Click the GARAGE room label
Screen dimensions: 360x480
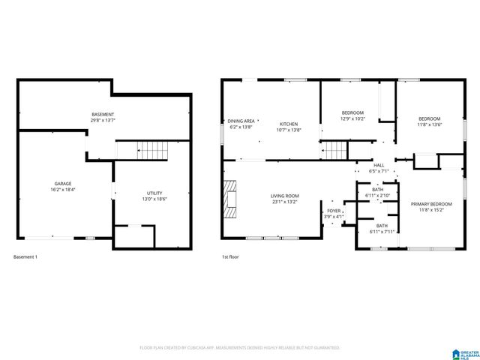tap(62, 183)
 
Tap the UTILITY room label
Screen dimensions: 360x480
tap(152, 193)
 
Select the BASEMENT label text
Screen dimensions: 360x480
tap(102, 114)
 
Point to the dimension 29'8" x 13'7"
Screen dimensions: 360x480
tap(102, 120)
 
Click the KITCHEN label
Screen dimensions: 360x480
tap(289, 124)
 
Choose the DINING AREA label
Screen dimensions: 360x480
tap(241, 121)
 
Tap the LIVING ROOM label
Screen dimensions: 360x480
tap(285, 196)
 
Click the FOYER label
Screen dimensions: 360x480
tap(333, 211)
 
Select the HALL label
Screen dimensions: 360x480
tap(379, 165)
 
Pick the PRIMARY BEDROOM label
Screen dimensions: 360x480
tap(431, 204)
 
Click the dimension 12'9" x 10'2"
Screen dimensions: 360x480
tap(352, 118)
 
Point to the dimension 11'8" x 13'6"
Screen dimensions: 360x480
tap(430, 124)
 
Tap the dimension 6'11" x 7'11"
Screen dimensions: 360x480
tap(382, 232)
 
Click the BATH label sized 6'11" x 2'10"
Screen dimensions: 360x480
tap(377, 190)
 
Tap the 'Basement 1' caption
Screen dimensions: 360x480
tap(25, 257)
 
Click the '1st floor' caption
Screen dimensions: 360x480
tap(229, 257)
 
